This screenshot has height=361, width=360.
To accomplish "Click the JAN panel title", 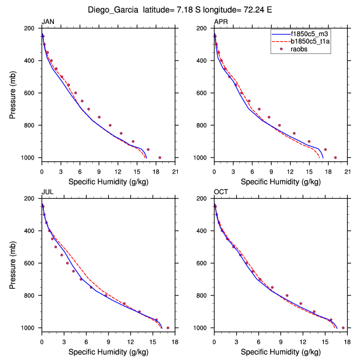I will point(48,22).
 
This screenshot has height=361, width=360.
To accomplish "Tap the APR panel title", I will point(221,22).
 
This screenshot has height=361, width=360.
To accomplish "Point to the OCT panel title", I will point(221,192).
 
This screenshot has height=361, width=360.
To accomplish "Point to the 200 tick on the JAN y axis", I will point(32,28).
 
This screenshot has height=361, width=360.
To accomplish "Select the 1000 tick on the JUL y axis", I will point(31,328).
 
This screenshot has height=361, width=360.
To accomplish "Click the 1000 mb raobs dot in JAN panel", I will point(160,157).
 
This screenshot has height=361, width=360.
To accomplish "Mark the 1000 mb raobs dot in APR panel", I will point(335,157).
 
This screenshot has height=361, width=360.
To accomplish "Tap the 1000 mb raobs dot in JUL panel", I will point(168,328).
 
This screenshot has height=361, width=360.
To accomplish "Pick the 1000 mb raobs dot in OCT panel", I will point(343,328).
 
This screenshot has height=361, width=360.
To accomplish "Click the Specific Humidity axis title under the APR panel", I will point(281,181).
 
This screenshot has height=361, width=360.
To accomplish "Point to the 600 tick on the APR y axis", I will point(204,93).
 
